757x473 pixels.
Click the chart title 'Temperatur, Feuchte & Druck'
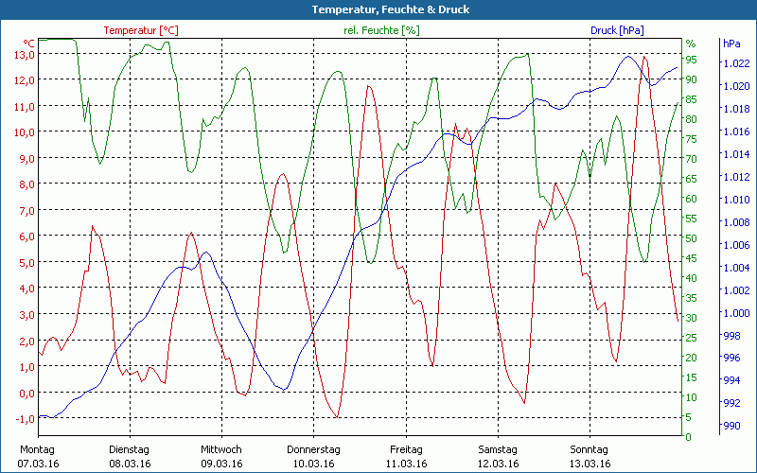pos(378,9)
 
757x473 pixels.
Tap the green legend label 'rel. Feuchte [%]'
pos(381,30)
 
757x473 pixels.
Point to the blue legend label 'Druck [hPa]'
pos(617,30)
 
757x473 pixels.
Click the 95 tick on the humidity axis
pos(691,60)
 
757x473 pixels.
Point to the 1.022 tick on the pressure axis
pos(735,63)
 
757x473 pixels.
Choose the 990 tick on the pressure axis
pos(732,427)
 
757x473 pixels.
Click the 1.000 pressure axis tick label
pos(735,313)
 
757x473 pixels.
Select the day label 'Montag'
pos(37,449)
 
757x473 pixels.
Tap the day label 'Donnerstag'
pos(313,449)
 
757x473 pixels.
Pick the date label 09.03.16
pos(221,464)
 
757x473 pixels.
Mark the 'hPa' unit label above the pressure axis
pos(731,44)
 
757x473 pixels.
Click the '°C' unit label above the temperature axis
pos(29,44)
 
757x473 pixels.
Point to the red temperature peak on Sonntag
pos(644,57)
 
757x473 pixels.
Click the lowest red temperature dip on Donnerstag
pos(336,416)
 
